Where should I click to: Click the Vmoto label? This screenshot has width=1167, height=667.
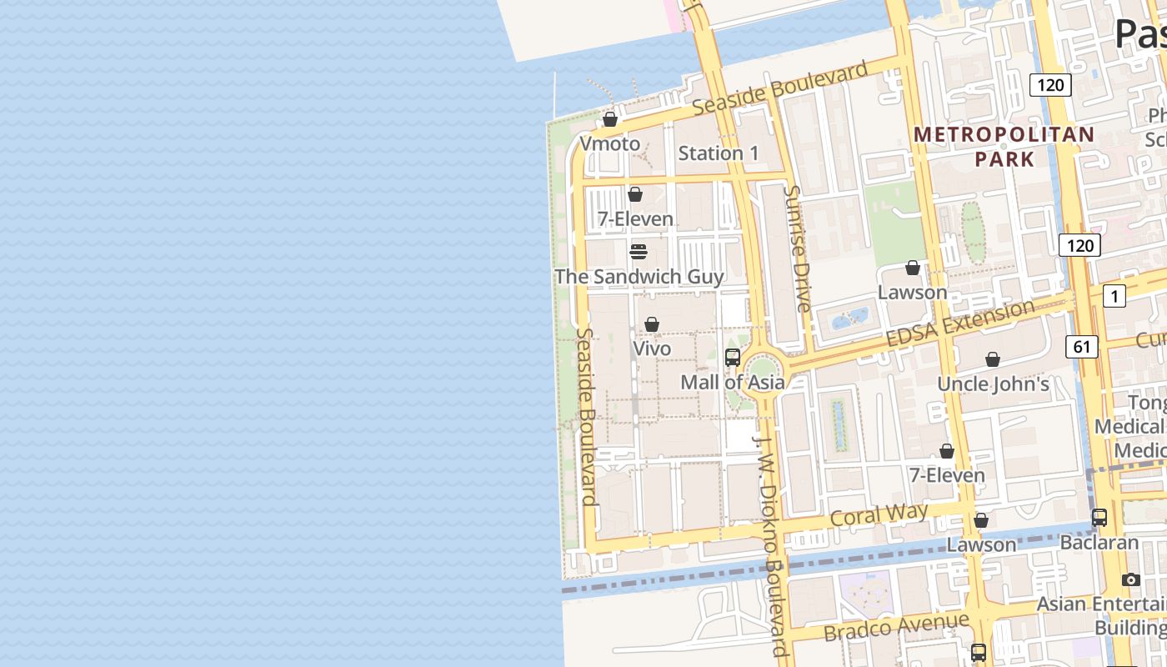coord(609,143)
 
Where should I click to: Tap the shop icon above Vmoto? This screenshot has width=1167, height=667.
coord(610,119)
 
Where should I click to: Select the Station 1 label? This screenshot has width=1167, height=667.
coord(719,153)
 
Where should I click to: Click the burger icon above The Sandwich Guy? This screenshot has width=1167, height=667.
coord(639,252)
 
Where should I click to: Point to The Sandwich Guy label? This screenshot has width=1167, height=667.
coord(639,276)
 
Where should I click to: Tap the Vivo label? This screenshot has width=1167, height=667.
coord(652,348)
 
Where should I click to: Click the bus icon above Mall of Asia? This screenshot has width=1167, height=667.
coord(733,358)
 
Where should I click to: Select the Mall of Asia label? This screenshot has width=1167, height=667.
coord(733,382)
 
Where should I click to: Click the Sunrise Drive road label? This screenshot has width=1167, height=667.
coord(798,248)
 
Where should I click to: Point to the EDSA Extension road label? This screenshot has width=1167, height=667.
coord(960,324)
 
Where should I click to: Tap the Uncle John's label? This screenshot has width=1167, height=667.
coord(993,384)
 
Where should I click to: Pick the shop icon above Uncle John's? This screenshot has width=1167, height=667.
coord(993,359)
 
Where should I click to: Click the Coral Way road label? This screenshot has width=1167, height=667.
coord(879,516)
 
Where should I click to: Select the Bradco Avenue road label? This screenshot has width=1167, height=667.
coord(897,626)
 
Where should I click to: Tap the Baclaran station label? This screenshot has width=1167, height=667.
coord(1099,542)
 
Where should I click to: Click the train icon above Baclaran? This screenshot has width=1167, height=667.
coord(1099,518)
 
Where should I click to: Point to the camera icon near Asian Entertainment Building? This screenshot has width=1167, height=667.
coord(1130,579)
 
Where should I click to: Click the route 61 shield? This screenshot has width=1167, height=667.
coord(1081,346)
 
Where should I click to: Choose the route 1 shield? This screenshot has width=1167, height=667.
coord(1114,295)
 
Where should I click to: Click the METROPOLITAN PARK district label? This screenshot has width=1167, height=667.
coord(1004,146)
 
